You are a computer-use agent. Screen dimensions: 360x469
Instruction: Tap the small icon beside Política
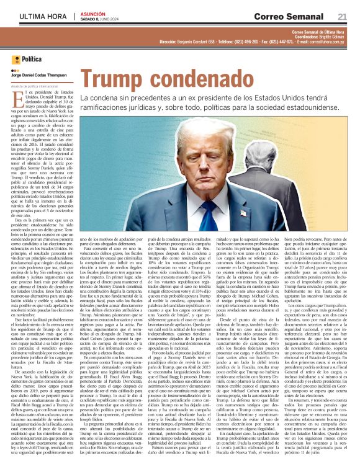16,60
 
